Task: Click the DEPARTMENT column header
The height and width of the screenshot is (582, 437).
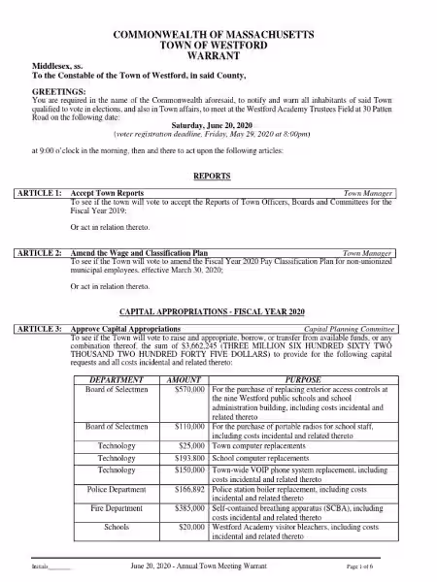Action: (117, 378)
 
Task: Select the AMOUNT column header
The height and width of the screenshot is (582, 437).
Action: (185, 378)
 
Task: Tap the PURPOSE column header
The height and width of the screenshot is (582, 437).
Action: (311, 378)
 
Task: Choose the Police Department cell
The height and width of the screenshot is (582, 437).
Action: (117, 492)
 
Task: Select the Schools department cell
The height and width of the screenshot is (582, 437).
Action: (117, 529)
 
